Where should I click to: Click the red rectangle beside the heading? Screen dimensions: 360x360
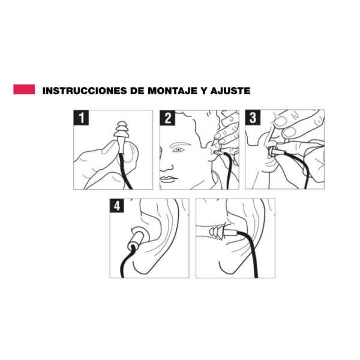24,89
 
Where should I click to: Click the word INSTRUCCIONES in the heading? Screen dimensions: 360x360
85,91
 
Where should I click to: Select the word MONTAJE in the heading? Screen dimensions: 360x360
172,91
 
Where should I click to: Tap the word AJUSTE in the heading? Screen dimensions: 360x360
230,91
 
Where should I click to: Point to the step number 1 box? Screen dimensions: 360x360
81,118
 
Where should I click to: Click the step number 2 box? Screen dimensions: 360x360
167,118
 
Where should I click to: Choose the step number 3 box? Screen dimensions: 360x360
253,118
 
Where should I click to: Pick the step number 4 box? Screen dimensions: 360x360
117,206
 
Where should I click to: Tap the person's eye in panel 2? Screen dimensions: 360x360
178,150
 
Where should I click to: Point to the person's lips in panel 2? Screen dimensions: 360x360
169,179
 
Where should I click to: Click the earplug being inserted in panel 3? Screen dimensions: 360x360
275,151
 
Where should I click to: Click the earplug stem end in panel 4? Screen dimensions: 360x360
132,247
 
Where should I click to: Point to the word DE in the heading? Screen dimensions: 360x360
137,91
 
